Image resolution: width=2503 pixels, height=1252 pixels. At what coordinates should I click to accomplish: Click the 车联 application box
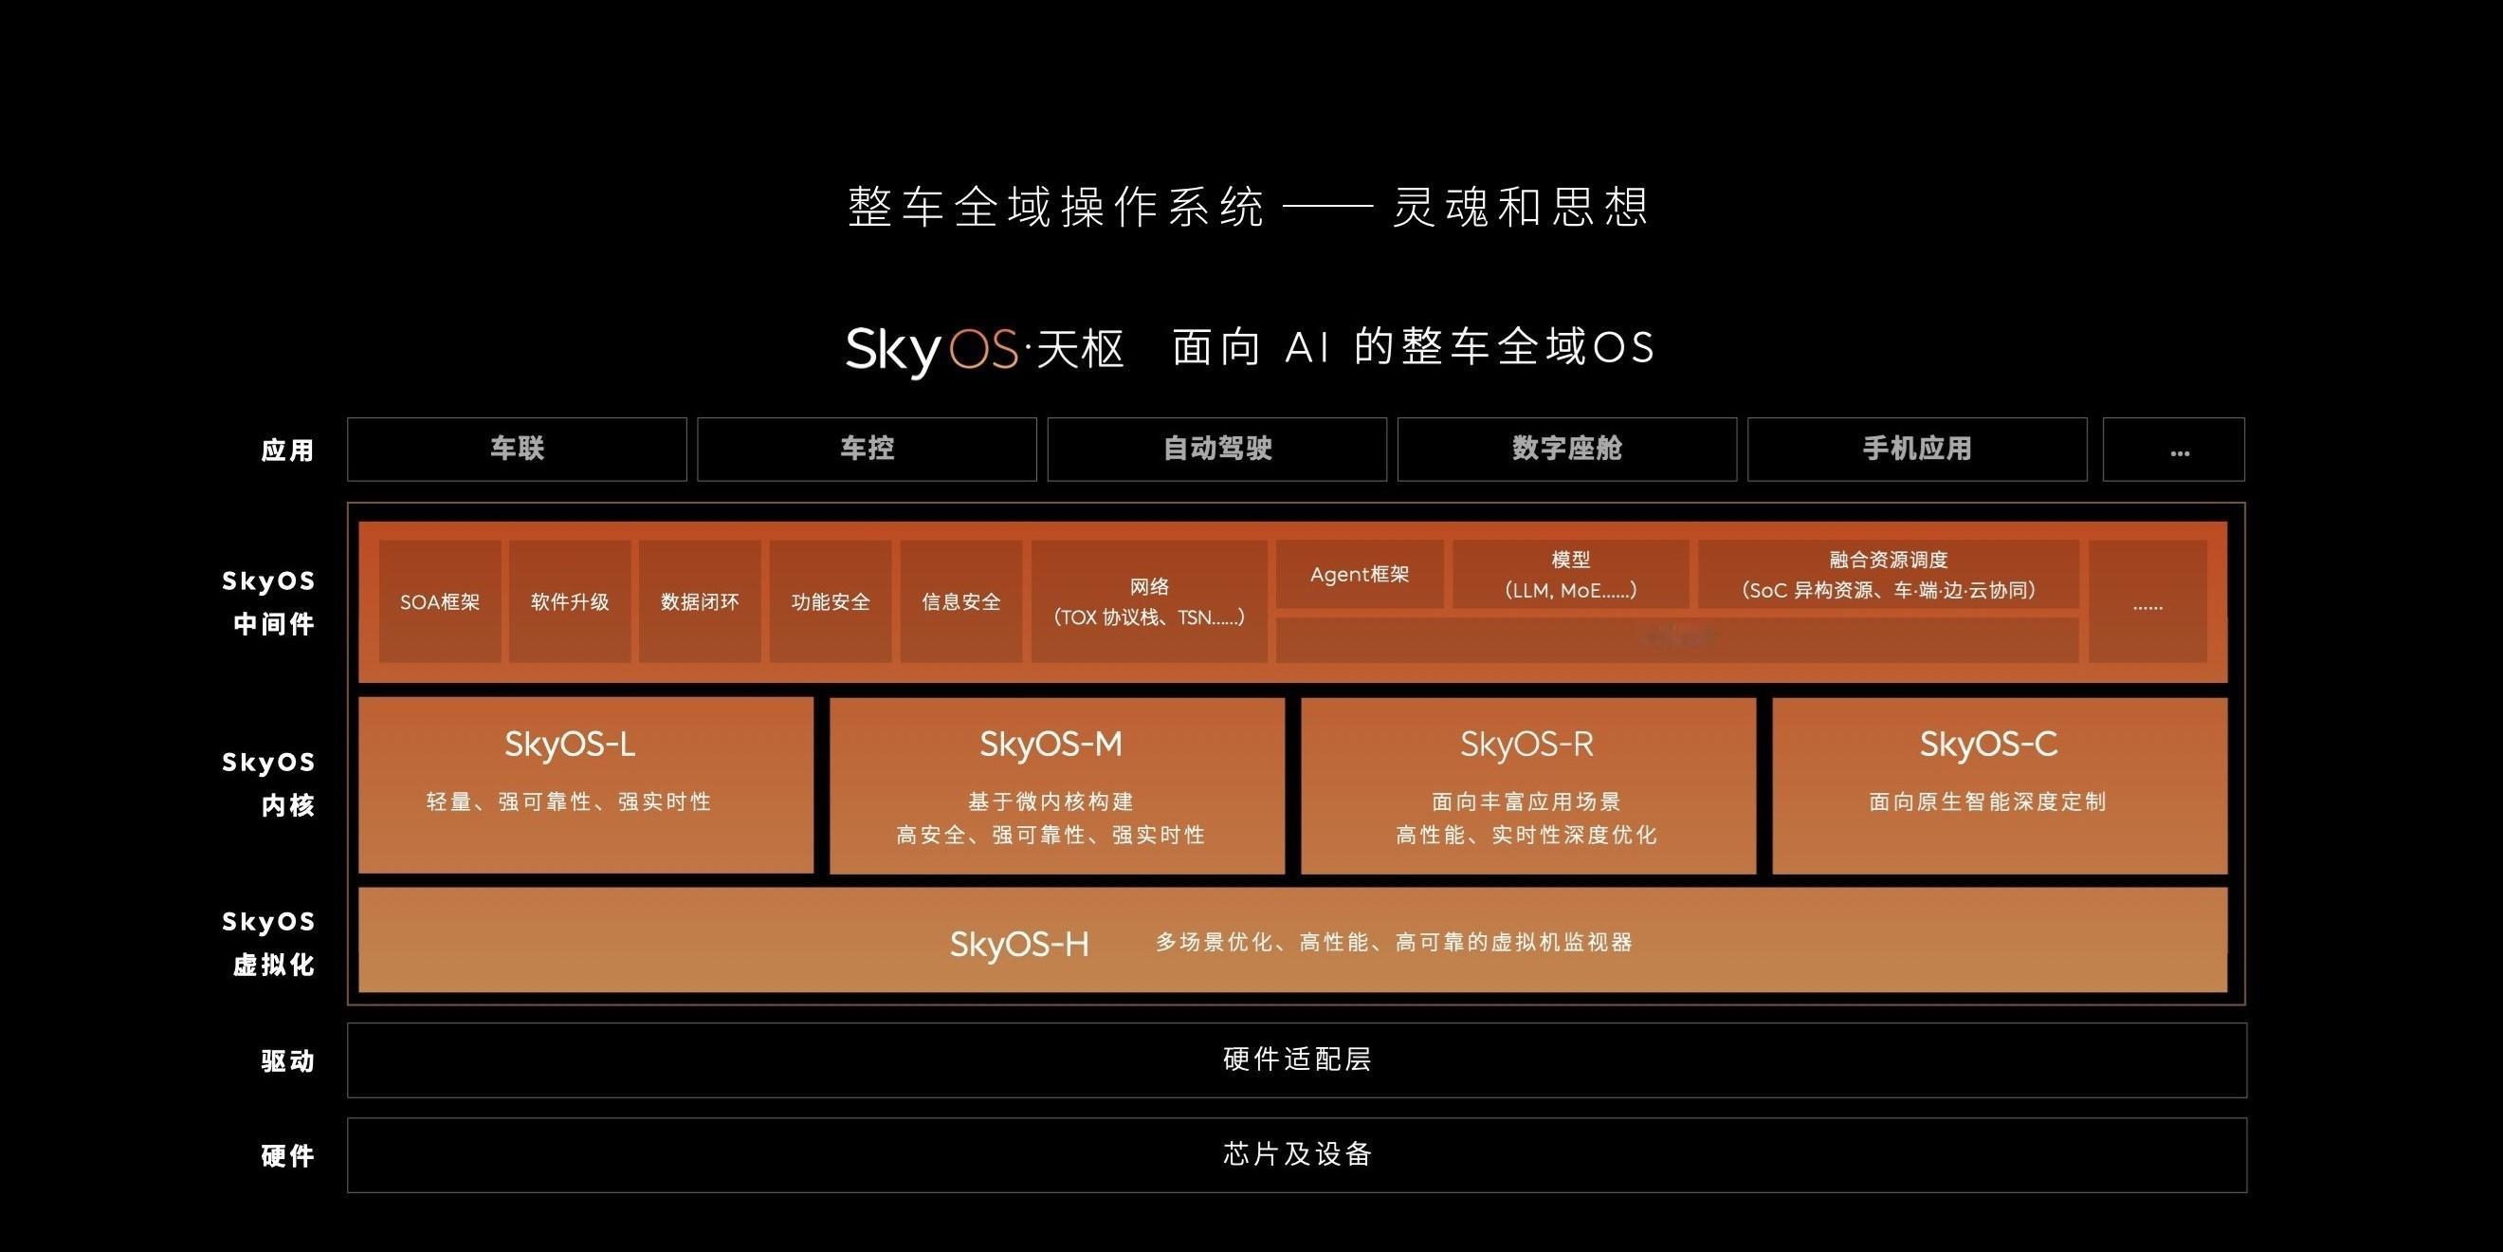[517, 449]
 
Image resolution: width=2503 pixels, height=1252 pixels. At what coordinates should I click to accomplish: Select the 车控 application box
[867, 449]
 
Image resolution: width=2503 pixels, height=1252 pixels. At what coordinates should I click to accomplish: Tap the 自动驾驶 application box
[1216, 449]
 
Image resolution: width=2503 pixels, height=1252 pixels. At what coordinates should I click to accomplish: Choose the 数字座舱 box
[1567, 449]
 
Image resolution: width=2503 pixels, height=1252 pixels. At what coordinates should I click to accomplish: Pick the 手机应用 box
[1917, 449]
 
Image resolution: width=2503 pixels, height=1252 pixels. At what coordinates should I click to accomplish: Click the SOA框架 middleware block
[440, 601]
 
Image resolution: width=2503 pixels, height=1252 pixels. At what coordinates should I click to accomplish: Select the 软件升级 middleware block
[571, 601]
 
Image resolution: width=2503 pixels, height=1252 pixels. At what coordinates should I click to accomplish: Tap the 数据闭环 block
[701, 601]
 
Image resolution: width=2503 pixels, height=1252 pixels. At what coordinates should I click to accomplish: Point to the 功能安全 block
[831, 601]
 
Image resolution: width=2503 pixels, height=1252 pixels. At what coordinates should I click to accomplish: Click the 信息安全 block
[961, 601]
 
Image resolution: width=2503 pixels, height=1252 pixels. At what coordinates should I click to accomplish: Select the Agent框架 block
[1360, 575]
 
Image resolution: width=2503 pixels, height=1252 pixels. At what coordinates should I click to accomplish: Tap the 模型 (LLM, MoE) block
[1570, 575]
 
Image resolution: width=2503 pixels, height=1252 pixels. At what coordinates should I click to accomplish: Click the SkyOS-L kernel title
[571, 745]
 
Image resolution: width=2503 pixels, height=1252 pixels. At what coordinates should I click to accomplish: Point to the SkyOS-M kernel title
[1051, 745]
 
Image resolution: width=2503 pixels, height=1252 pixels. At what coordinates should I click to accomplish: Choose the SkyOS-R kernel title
[1526, 745]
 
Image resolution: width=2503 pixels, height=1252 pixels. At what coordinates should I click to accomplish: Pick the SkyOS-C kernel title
[1988, 745]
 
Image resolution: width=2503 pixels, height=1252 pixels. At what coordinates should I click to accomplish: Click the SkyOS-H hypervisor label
[1019, 944]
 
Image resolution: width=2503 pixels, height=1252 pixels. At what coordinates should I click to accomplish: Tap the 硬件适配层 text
[1297, 1059]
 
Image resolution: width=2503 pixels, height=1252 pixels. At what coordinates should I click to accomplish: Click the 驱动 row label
[287, 1060]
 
